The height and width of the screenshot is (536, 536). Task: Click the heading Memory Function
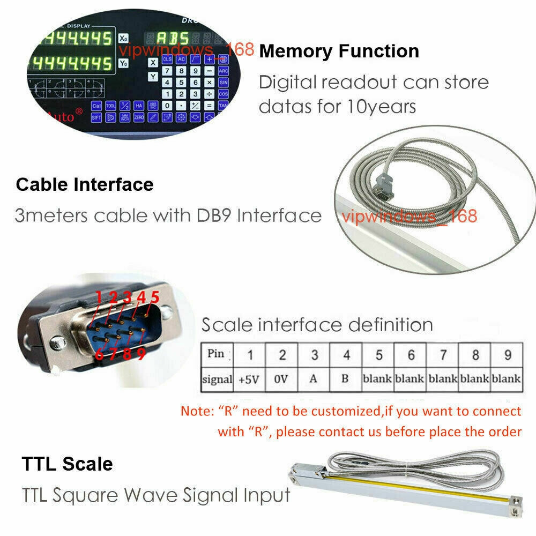pyautogui.click(x=339, y=51)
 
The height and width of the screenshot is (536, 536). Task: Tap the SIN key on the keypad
pyautogui.click(x=224, y=83)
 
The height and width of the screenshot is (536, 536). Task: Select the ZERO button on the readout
pyautogui.click(x=138, y=116)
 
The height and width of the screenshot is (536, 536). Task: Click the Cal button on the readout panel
pyautogui.click(x=96, y=106)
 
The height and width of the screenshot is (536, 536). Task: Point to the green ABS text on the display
pyautogui.click(x=173, y=39)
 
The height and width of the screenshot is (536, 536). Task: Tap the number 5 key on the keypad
pyautogui.click(x=181, y=83)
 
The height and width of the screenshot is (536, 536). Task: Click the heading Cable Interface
pyautogui.click(x=85, y=185)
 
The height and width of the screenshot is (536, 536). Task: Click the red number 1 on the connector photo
pyautogui.click(x=99, y=297)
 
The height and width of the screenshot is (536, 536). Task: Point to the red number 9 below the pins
pyautogui.click(x=141, y=354)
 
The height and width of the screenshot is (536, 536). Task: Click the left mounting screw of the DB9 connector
pyautogui.click(x=56, y=344)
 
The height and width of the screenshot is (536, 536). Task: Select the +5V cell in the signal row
pyautogui.click(x=249, y=379)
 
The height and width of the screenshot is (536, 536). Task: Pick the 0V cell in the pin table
pyautogui.click(x=281, y=379)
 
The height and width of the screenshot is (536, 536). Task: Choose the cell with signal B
pyautogui.click(x=345, y=379)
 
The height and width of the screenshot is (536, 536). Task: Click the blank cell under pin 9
pyautogui.click(x=507, y=379)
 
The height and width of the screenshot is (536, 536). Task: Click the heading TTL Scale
pyautogui.click(x=68, y=464)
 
